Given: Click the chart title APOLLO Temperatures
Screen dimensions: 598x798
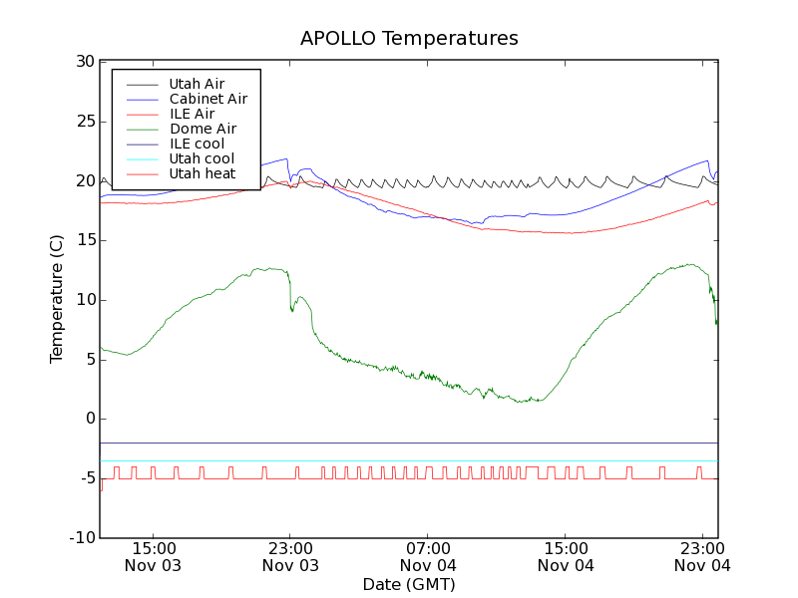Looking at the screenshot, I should point(409,39).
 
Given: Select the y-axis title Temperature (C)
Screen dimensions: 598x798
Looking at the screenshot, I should point(57,299).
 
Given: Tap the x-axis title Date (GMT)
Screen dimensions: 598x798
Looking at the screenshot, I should point(409,584).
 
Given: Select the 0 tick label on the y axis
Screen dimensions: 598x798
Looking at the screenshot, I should point(88,419).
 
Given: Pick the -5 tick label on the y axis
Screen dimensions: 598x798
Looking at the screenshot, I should point(84,478).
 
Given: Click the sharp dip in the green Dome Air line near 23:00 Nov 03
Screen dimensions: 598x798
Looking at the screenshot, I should point(292,310).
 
